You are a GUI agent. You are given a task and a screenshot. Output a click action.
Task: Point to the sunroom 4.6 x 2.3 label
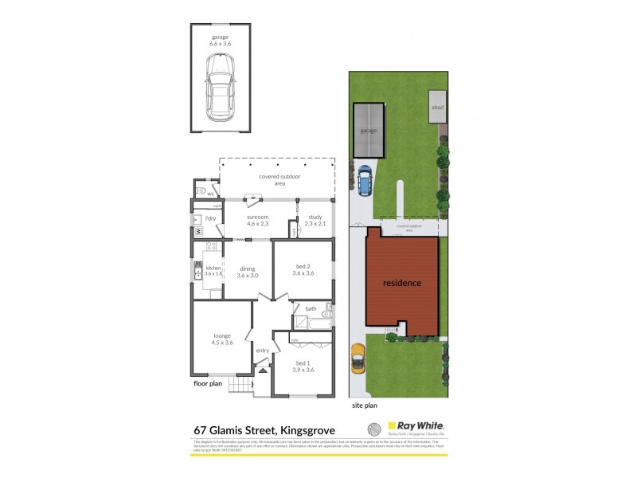pyautogui.click(x=257, y=221)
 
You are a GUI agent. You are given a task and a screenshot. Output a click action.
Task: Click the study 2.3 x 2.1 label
pyautogui.click(x=315, y=221)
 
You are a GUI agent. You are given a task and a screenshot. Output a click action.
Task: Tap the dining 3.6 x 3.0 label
pyautogui.click(x=249, y=272)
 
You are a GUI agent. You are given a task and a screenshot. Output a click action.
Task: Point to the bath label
pyautogui.click(x=310, y=308)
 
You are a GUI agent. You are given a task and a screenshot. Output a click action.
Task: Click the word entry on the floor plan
pyautogui.click(x=263, y=351)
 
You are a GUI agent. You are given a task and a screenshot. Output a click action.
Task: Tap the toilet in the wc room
pyautogui.click(x=199, y=191)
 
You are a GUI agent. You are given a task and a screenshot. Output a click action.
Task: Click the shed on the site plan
pyautogui.click(x=437, y=106)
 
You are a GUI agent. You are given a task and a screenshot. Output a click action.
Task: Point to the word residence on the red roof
pyautogui.click(x=402, y=283)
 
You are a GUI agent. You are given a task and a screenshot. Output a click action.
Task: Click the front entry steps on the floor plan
pyautogui.click(x=239, y=386)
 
